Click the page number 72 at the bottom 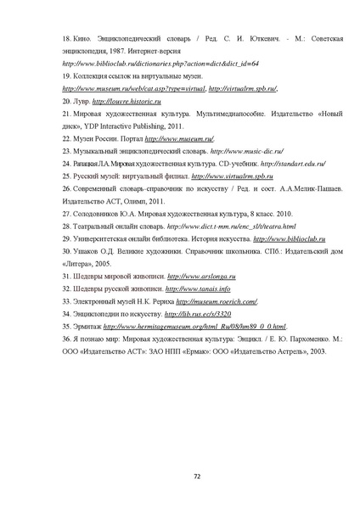point(197,477)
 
